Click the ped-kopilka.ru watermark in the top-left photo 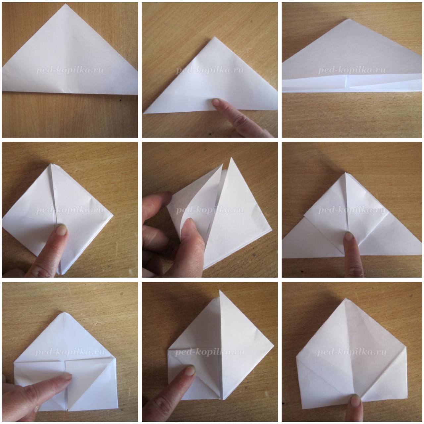(x=70, y=70)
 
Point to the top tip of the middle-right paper (x=345, y=173)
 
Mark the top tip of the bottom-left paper (x=64, y=312)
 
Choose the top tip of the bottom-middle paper (x=219, y=291)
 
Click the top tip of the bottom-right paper (x=346, y=298)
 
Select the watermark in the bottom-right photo (x=351, y=352)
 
